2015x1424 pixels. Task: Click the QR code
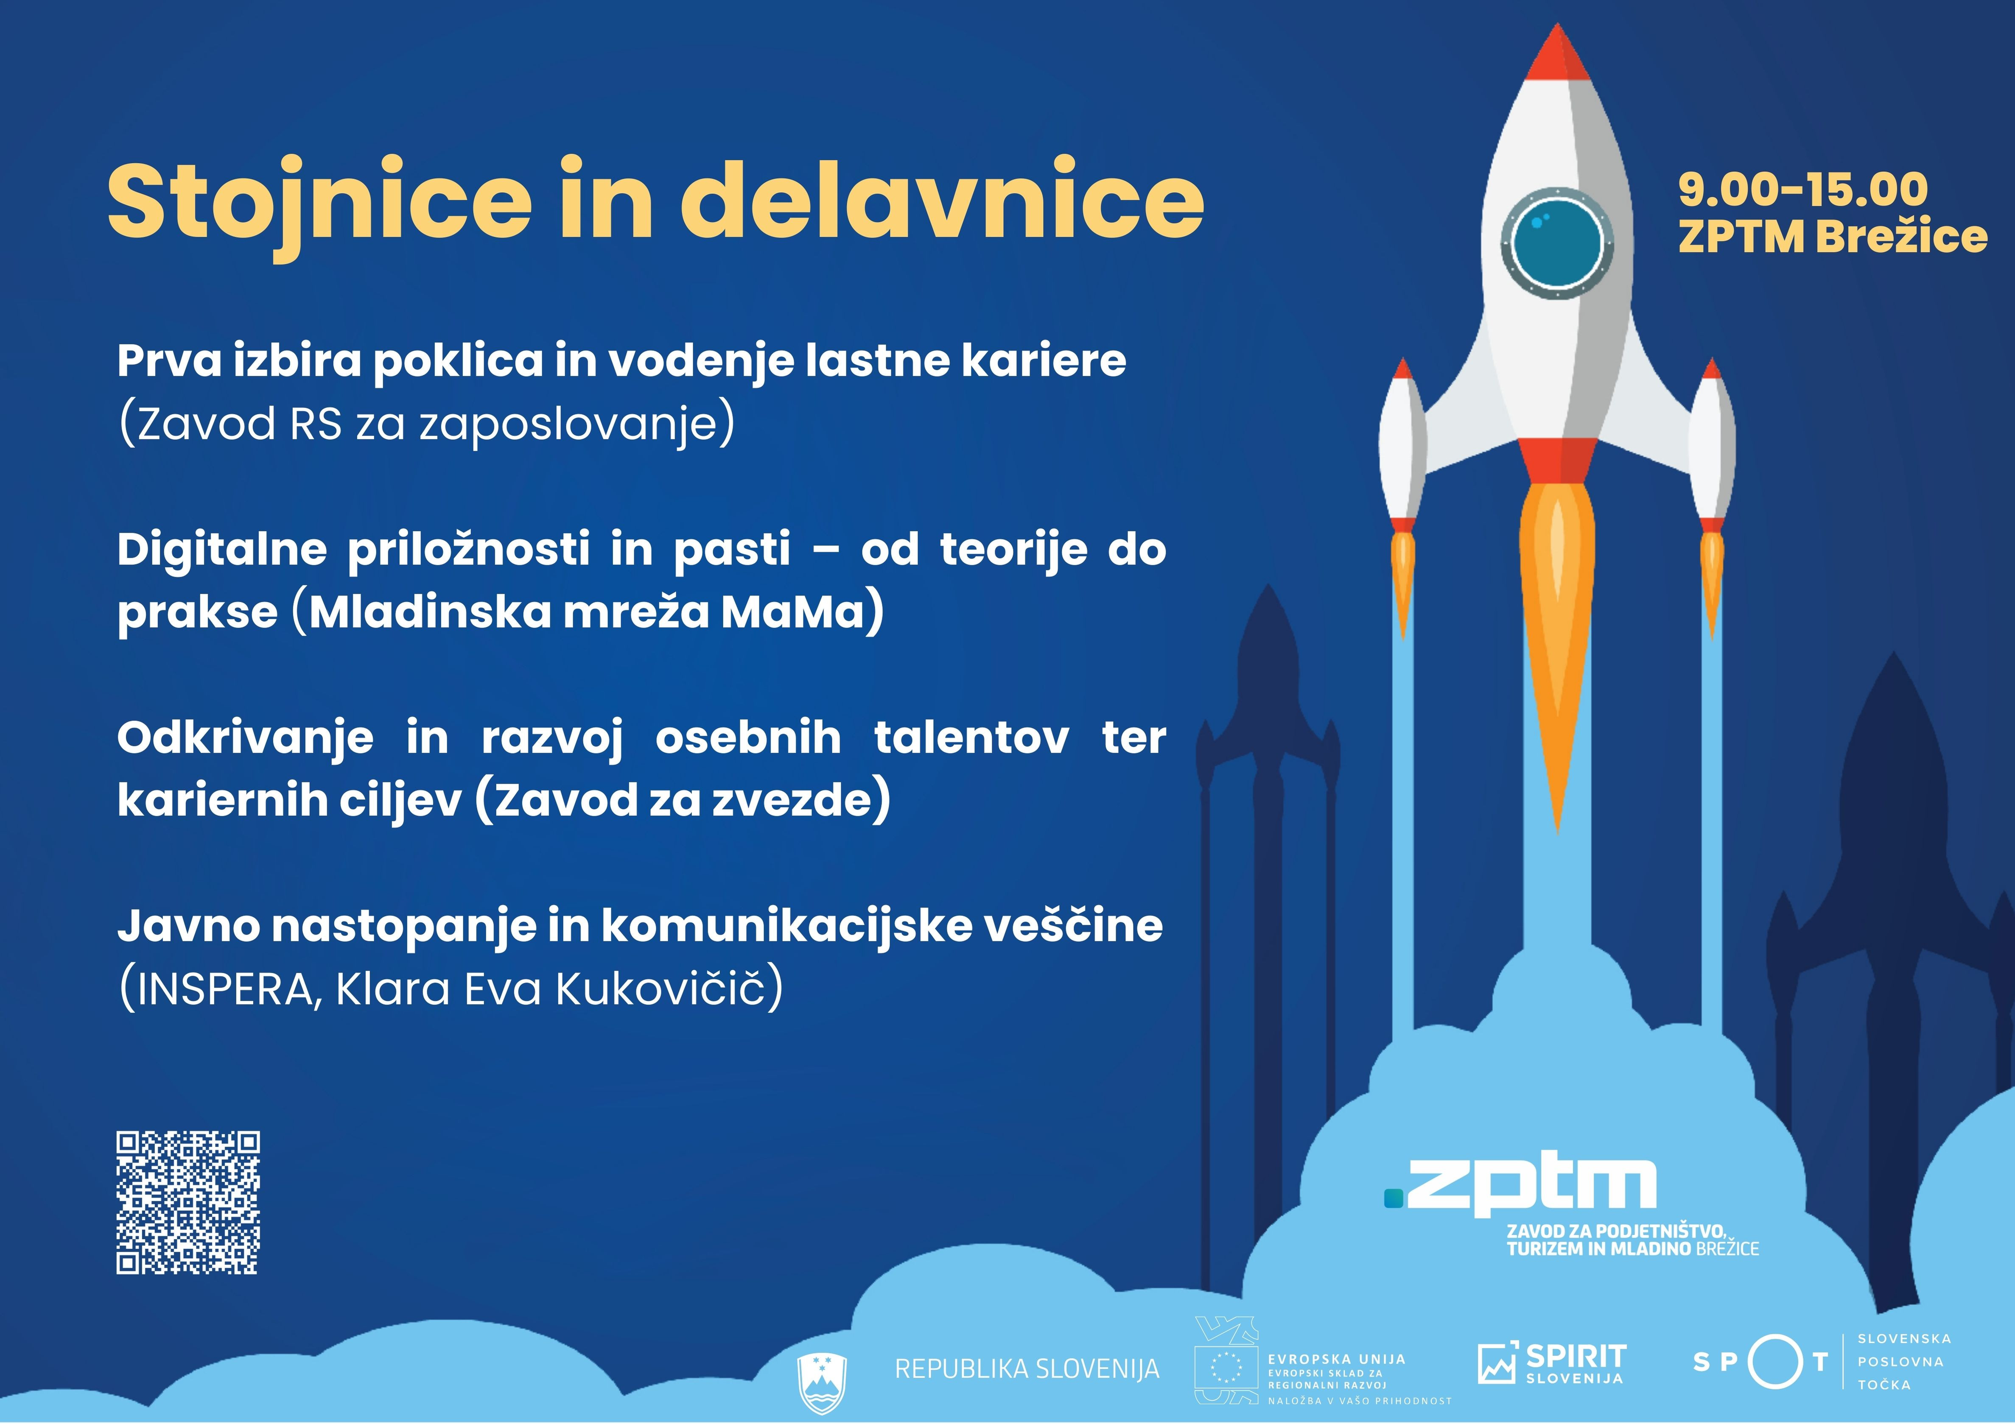click(x=188, y=1202)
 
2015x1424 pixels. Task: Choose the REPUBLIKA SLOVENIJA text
click(x=1027, y=1369)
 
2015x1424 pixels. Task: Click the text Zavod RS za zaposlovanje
click(x=426, y=424)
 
